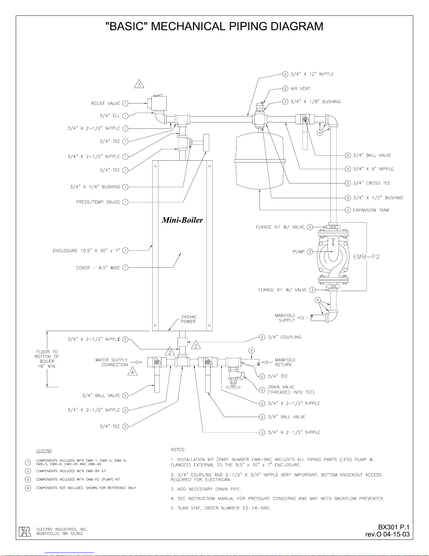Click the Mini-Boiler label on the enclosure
click(182, 220)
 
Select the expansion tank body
click(260, 161)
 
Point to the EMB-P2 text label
click(366, 257)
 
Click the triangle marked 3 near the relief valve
click(139, 84)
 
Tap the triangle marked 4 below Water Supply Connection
click(132, 372)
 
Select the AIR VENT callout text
click(300, 88)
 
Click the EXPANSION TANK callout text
click(371, 210)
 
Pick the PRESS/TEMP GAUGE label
click(98, 202)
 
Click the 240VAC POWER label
click(189, 319)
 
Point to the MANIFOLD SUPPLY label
click(285, 318)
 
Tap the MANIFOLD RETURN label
click(285, 362)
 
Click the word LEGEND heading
click(44, 451)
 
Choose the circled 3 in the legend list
click(28, 479)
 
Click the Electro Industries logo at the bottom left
click(25, 531)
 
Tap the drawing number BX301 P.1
click(394, 527)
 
